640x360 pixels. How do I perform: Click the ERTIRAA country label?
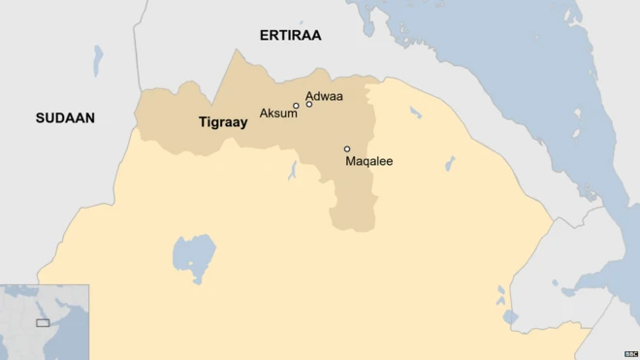[290, 35]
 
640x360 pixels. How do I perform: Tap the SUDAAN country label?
[65, 118]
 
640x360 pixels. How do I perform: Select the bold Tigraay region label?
[223, 122]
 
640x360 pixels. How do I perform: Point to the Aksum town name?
[278, 114]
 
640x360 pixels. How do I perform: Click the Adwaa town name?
[324, 96]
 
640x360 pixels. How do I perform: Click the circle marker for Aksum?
[296, 106]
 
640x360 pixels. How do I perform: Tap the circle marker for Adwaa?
[309, 103]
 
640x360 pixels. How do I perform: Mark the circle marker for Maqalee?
[347, 149]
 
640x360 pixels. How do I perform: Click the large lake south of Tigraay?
[193, 254]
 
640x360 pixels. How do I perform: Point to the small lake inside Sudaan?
[98, 61]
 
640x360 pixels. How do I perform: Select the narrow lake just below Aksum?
[292, 172]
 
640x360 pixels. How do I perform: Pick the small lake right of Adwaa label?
[415, 113]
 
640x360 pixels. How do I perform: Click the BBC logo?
[630, 353]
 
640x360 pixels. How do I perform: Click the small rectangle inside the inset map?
[43, 322]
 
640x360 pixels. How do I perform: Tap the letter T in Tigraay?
[202, 122]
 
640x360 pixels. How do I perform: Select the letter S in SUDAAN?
[40, 118]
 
